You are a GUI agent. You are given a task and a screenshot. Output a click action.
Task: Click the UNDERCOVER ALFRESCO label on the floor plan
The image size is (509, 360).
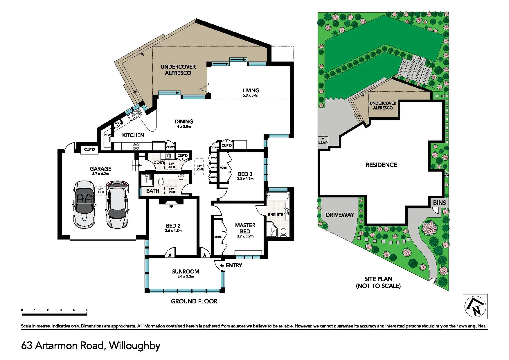(x=178, y=70)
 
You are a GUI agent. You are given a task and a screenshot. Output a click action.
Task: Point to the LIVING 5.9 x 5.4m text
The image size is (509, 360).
(x=251, y=92)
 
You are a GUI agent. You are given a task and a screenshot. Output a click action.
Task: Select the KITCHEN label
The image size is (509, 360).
(x=133, y=135)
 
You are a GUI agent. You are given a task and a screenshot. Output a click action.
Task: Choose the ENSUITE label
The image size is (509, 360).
(x=275, y=215)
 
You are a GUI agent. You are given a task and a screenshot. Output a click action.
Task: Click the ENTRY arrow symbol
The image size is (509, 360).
(x=222, y=266)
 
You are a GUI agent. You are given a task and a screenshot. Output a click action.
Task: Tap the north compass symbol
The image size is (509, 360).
(x=475, y=306)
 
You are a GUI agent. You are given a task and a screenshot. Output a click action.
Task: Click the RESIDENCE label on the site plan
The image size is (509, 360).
(x=381, y=165)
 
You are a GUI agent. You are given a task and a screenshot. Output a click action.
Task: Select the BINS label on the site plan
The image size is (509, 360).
(x=439, y=202)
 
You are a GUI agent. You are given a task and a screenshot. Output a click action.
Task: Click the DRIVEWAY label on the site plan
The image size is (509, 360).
(x=339, y=215)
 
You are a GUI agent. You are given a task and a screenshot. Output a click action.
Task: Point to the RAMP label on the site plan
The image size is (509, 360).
(x=323, y=143)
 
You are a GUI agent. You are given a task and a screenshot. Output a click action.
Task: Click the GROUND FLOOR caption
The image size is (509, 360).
(x=194, y=301)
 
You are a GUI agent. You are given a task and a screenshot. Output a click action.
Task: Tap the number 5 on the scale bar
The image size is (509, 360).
(x=87, y=310)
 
